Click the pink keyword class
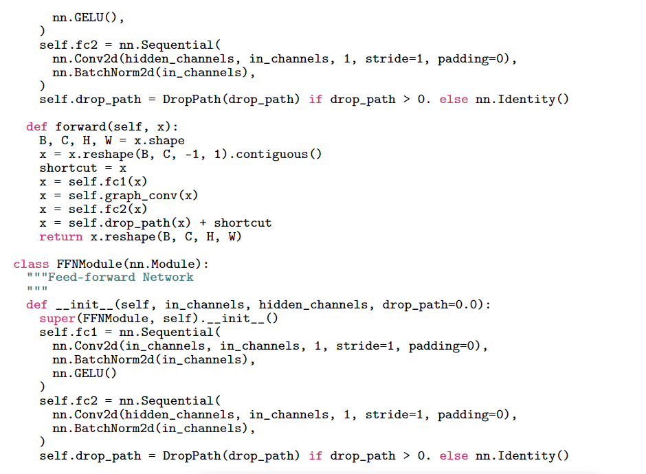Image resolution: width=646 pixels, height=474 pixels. [x=31, y=264]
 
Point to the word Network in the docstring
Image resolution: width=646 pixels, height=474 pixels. [x=168, y=277]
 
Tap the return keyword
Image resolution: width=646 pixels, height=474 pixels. [x=61, y=237]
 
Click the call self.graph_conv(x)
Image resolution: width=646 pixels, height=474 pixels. [x=133, y=196]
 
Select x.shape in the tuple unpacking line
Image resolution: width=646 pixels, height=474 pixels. [x=159, y=141]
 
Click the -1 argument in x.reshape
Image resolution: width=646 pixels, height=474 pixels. [x=192, y=155]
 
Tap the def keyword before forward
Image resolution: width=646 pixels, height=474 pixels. [x=36, y=127]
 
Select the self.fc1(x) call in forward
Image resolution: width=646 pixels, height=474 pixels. [x=107, y=181]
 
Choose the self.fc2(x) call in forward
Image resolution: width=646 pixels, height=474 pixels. [x=107, y=210]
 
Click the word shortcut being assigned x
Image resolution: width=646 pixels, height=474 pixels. [x=69, y=168]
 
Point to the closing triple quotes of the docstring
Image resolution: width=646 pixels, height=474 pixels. [x=37, y=289]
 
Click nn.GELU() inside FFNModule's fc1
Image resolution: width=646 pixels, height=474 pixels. [x=85, y=374]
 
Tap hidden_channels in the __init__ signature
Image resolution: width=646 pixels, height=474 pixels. [x=313, y=305]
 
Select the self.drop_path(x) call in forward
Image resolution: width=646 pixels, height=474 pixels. [x=129, y=223]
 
